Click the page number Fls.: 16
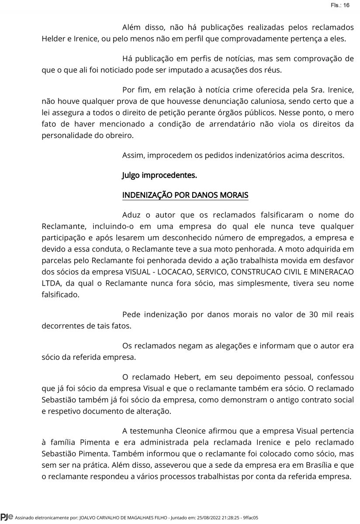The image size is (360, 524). pos(340,5)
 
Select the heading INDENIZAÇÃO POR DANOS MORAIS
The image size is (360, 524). pos(185,195)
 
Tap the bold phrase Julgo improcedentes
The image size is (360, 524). pos(159,176)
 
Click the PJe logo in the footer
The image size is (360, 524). pos(7,517)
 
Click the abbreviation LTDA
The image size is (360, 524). pos(51,283)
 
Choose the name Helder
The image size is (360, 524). pos(53,38)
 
